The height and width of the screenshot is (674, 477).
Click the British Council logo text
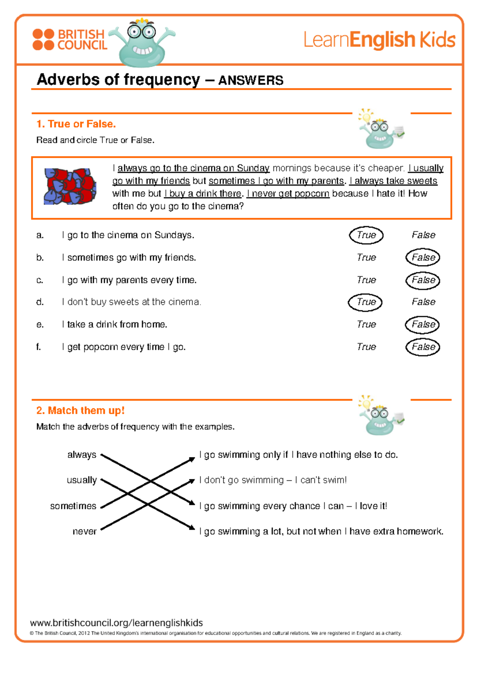pos(81,40)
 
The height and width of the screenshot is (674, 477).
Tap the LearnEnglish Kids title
pos(379,40)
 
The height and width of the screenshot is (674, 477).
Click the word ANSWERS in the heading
pos(251,80)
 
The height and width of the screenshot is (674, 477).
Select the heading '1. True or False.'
pos(76,124)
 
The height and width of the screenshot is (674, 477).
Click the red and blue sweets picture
pos(70,186)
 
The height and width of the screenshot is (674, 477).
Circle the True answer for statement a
pos(366,235)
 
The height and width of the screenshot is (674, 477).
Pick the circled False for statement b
pos(423,258)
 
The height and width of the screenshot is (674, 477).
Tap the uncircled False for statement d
pos(423,302)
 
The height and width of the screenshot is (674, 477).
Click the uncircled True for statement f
pos(366,347)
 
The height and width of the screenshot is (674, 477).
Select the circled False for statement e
pos(423,324)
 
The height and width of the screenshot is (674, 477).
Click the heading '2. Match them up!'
pos(80,411)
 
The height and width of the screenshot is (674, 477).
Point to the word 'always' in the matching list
pos(82,455)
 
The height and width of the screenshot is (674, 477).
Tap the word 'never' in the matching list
pos(84,531)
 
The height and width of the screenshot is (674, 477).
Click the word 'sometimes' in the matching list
pos(73,506)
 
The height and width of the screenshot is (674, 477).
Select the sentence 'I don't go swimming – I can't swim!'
pos(273,480)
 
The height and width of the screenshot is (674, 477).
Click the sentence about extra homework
pos(321,531)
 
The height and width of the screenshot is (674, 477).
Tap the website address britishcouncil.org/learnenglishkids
pos(116,623)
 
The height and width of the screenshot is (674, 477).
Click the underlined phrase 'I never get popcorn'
pos(288,194)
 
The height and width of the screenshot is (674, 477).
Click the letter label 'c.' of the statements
pos(40,280)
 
